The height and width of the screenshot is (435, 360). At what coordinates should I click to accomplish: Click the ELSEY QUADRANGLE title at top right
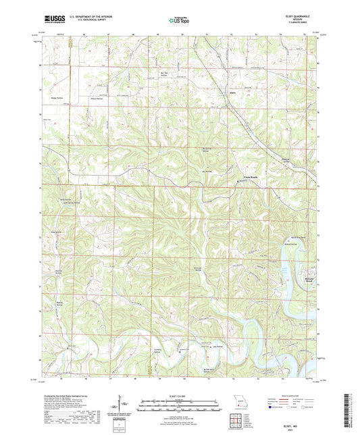[x=298, y=15]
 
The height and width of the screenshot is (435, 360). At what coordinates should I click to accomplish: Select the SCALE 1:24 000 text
[x=180, y=395]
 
